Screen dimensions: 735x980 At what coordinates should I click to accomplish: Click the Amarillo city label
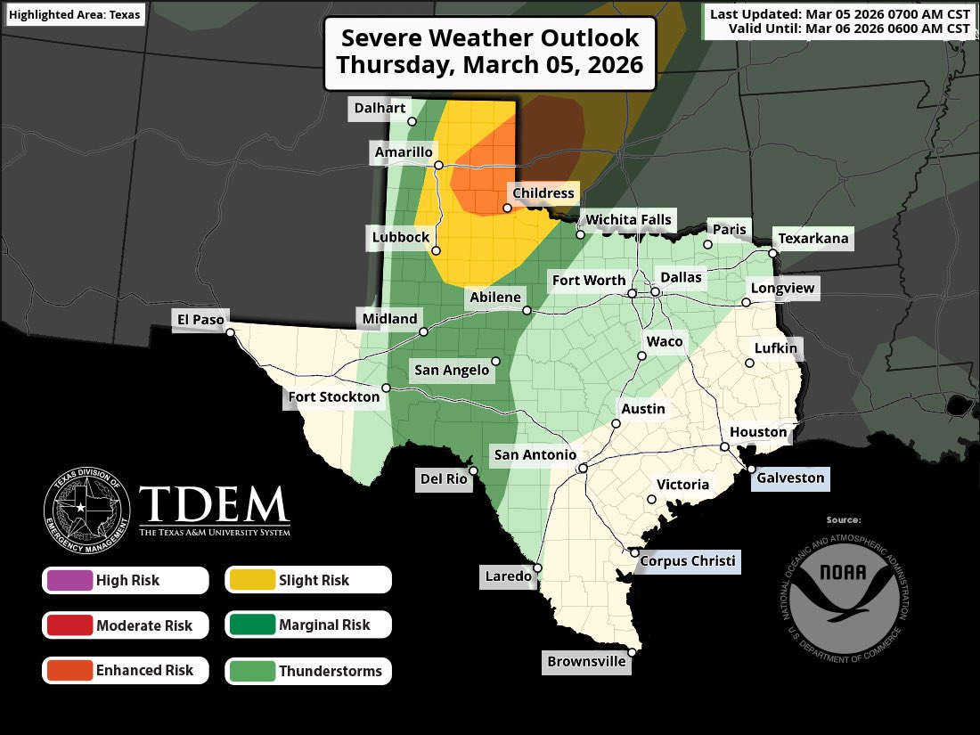(404, 152)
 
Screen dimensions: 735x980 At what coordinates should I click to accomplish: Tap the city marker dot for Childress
(507, 208)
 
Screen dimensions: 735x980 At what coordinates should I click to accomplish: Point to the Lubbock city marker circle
(437, 251)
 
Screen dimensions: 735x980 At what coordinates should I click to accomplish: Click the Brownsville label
(586, 662)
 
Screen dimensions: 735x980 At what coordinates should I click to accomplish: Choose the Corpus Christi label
(689, 560)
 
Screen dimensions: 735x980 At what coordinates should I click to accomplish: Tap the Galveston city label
(791, 478)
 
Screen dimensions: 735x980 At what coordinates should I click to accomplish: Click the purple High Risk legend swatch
(68, 580)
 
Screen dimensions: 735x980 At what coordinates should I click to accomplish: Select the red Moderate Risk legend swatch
(68, 625)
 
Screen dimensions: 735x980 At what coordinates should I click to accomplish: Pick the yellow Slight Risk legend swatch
(250, 580)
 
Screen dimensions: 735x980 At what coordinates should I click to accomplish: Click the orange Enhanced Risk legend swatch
(68, 671)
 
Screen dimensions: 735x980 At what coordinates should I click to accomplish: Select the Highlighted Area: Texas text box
(75, 15)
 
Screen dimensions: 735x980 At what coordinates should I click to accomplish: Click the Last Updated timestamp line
(839, 14)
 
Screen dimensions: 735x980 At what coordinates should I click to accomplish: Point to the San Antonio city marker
(582, 468)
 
